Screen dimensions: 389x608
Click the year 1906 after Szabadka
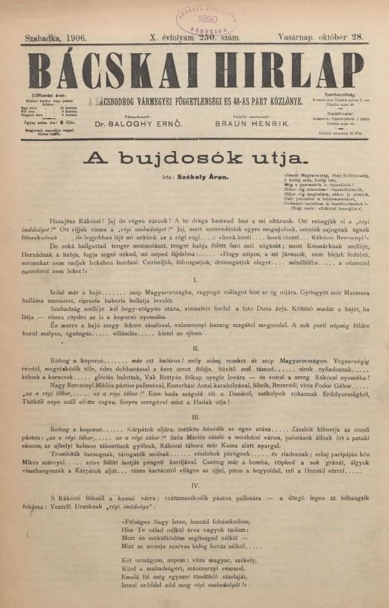72,39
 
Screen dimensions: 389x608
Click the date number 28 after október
357,39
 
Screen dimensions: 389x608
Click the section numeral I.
194,278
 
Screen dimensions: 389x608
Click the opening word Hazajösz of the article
65,220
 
